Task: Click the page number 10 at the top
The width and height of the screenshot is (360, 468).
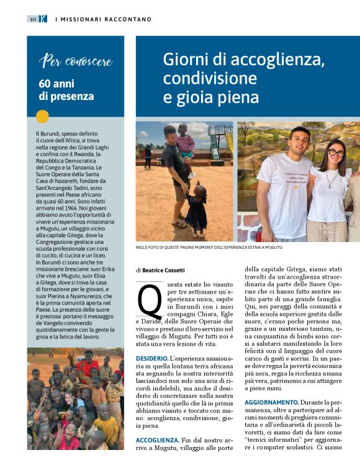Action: [32, 19]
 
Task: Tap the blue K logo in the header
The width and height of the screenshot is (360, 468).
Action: [43, 19]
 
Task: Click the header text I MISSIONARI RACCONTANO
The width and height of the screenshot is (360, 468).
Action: [103, 19]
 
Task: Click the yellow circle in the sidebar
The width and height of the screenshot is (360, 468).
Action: [42, 116]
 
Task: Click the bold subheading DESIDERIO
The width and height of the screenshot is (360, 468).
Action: [151, 358]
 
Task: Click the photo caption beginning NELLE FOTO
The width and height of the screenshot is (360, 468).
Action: [209, 247]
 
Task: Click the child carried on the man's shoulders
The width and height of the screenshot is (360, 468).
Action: [185, 140]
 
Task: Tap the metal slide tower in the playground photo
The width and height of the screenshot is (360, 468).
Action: [220, 140]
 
